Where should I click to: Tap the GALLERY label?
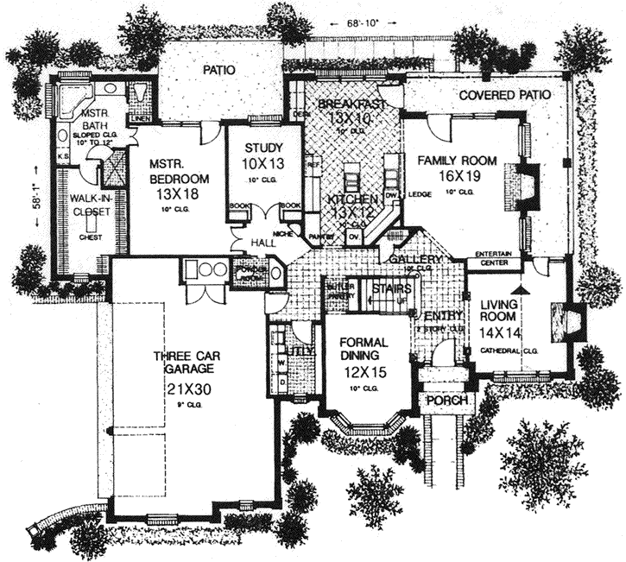point(415,259)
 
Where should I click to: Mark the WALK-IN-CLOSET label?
point(78,207)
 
